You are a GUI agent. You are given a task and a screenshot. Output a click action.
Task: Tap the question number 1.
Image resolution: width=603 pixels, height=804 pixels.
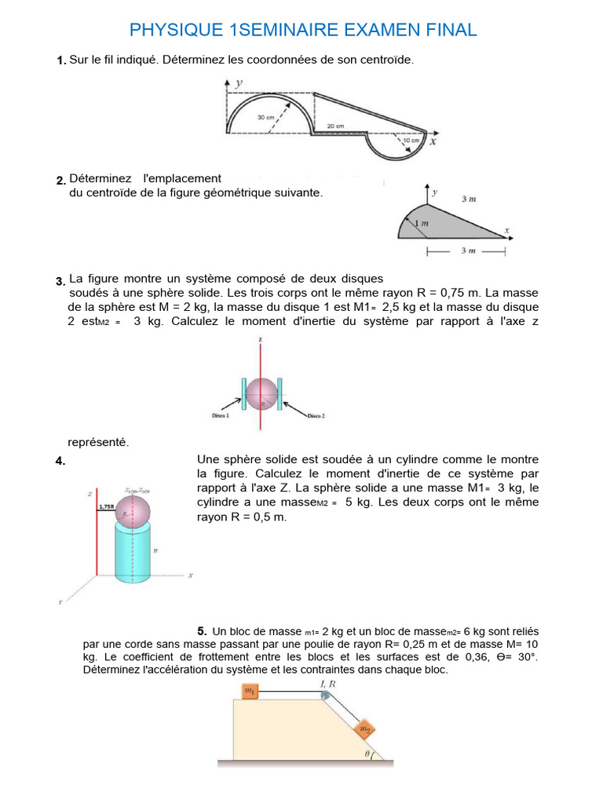coord(60,61)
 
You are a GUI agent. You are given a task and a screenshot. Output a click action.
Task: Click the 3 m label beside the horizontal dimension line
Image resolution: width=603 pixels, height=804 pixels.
coord(467,250)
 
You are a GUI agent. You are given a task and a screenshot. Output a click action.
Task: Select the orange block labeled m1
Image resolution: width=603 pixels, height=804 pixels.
coord(249,691)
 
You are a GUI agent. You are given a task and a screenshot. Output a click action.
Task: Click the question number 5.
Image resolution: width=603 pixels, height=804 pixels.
coord(202,630)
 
